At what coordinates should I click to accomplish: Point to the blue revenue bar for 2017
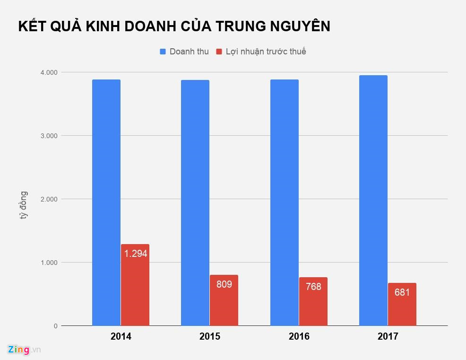coord(373,201)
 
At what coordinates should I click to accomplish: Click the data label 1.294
coord(136,254)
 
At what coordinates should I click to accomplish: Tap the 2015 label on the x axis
coord(210,337)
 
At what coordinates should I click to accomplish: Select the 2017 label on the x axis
coord(388,337)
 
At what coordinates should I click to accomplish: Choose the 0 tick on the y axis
coord(55,326)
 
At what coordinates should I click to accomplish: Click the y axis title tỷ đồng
coord(23,205)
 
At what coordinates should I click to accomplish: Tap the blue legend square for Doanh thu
coord(163,52)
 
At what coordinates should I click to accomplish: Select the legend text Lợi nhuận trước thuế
coord(266,52)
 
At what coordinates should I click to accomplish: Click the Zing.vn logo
coord(24,350)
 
